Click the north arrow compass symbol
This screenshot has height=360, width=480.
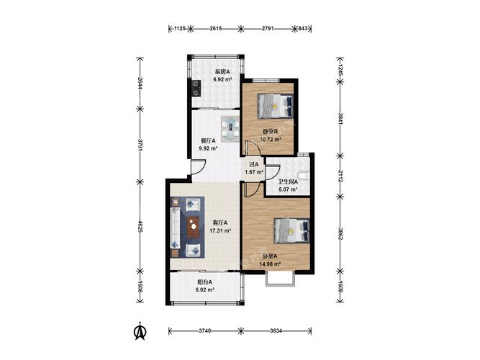(x=140, y=331)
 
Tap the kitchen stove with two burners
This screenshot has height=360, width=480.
(x=196, y=87)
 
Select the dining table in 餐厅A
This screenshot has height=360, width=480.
(x=230, y=129)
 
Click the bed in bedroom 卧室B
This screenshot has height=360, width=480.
(x=276, y=107)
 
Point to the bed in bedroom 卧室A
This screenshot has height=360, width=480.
(x=291, y=230)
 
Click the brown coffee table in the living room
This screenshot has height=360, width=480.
(x=193, y=227)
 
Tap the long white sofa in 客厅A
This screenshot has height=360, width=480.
(x=175, y=227)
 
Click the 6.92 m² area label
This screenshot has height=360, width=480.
(x=222, y=79)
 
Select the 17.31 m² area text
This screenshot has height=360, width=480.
(x=220, y=230)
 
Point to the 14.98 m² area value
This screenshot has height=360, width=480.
(x=271, y=264)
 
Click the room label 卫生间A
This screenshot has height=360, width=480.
(x=288, y=181)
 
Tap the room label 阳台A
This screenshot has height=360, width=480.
(x=205, y=282)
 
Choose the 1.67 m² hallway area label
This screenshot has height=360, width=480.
(x=254, y=172)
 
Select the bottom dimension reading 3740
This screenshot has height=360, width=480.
(x=205, y=331)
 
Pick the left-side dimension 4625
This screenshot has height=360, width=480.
(x=140, y=226)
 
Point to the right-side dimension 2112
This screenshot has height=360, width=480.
(x=340, y=177)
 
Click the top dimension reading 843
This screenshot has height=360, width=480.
(x=303, y=29)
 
